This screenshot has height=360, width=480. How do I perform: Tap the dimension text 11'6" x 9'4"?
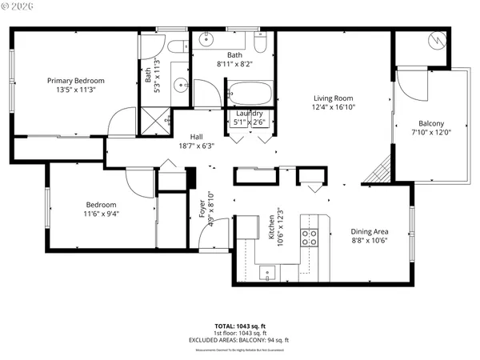pyautogui.click(x=101, y=214)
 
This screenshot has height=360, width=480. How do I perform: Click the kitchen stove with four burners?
pyautogui.click(x=309, y=237)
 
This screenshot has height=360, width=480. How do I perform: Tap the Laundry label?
pyautogui.click(x=249, y=114)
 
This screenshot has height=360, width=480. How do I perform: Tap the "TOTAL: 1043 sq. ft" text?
pyautogui.click(x=240, y=326)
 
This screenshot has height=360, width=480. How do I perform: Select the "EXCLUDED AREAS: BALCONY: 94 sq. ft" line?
pyautogui.click(x=240, y=340)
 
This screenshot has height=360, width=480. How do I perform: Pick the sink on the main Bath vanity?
pyautogui.click(x=206, y=38)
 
